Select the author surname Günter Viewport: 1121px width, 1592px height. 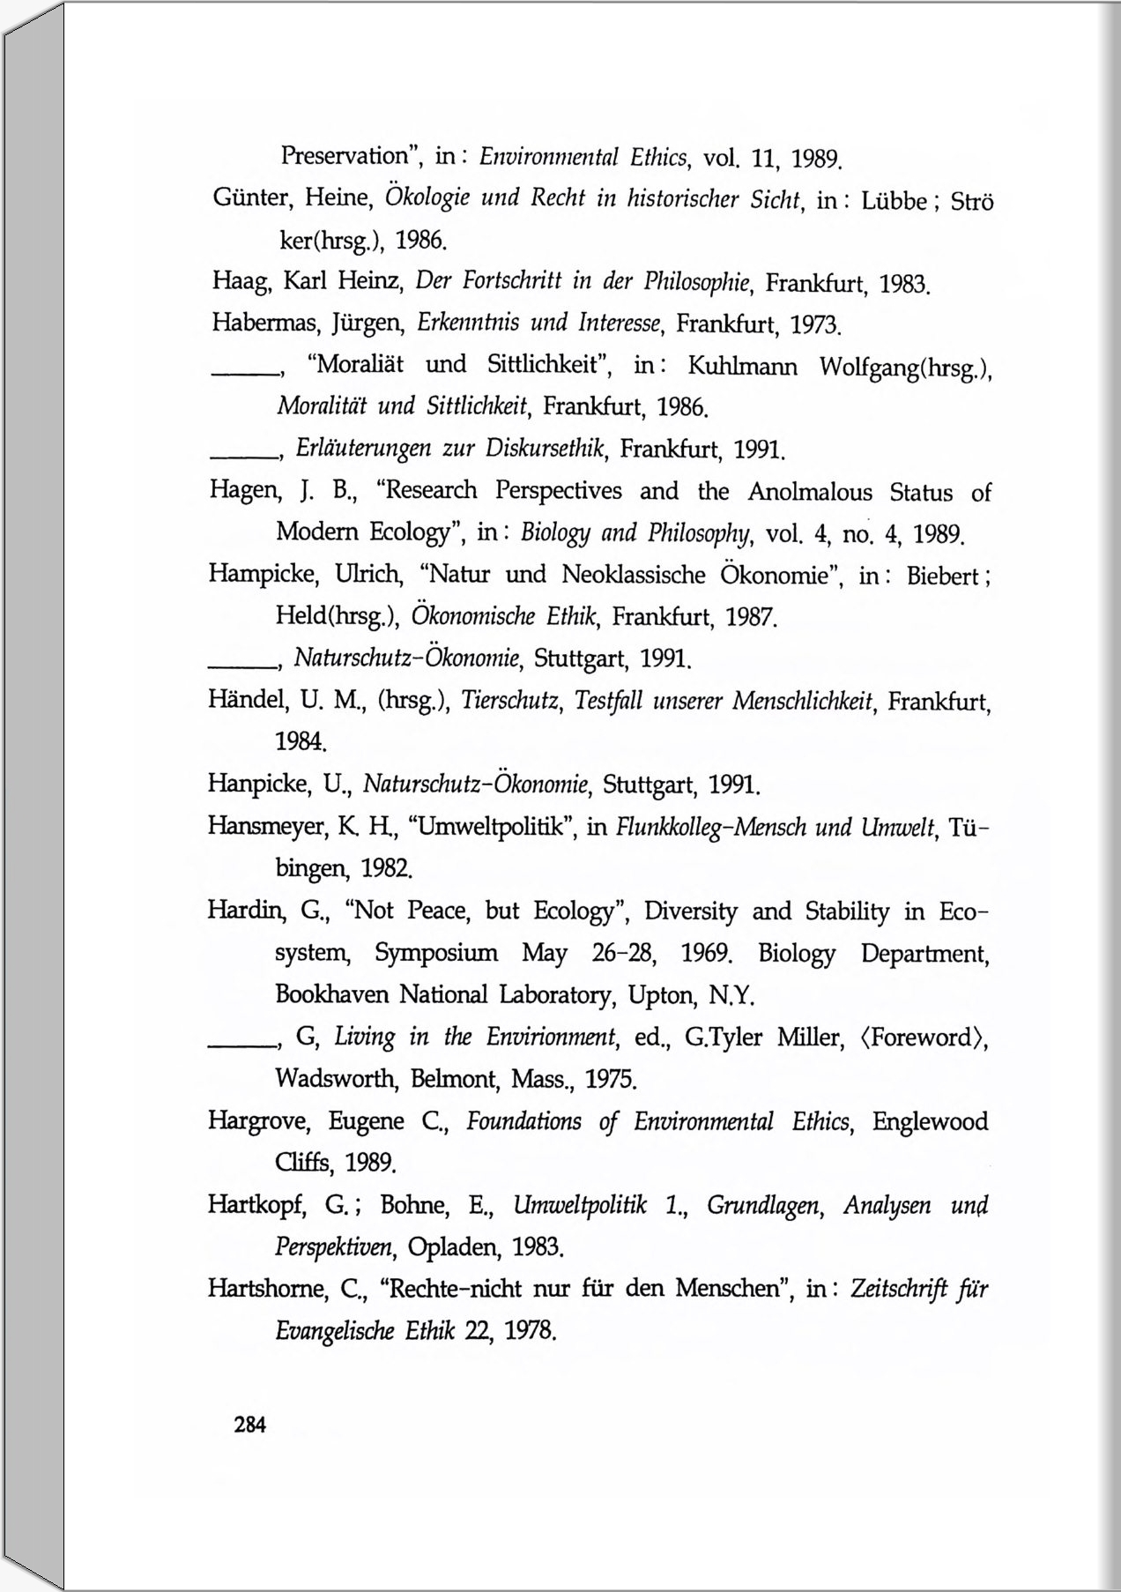[251, 197]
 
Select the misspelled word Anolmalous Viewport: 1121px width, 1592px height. [810, 492]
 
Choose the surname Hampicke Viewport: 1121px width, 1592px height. [261, 575]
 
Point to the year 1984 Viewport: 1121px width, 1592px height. [301, 741]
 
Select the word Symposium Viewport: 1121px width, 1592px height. [435, 953]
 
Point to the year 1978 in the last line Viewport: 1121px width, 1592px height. [529, 1330]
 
